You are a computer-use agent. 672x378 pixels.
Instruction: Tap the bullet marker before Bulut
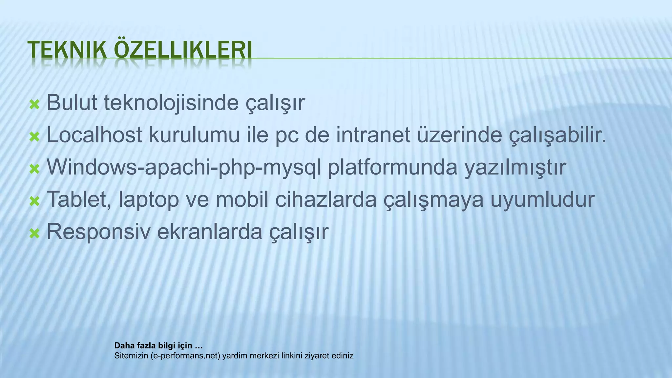34,105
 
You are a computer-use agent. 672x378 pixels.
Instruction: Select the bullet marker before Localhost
34,137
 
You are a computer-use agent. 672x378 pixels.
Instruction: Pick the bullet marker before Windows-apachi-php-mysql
34,169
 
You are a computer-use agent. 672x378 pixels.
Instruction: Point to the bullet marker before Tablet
34,201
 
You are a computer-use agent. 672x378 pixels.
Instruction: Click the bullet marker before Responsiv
34,234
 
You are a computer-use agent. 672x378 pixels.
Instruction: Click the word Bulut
72,102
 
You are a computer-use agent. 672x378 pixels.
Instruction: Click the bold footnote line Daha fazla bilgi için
158,346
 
